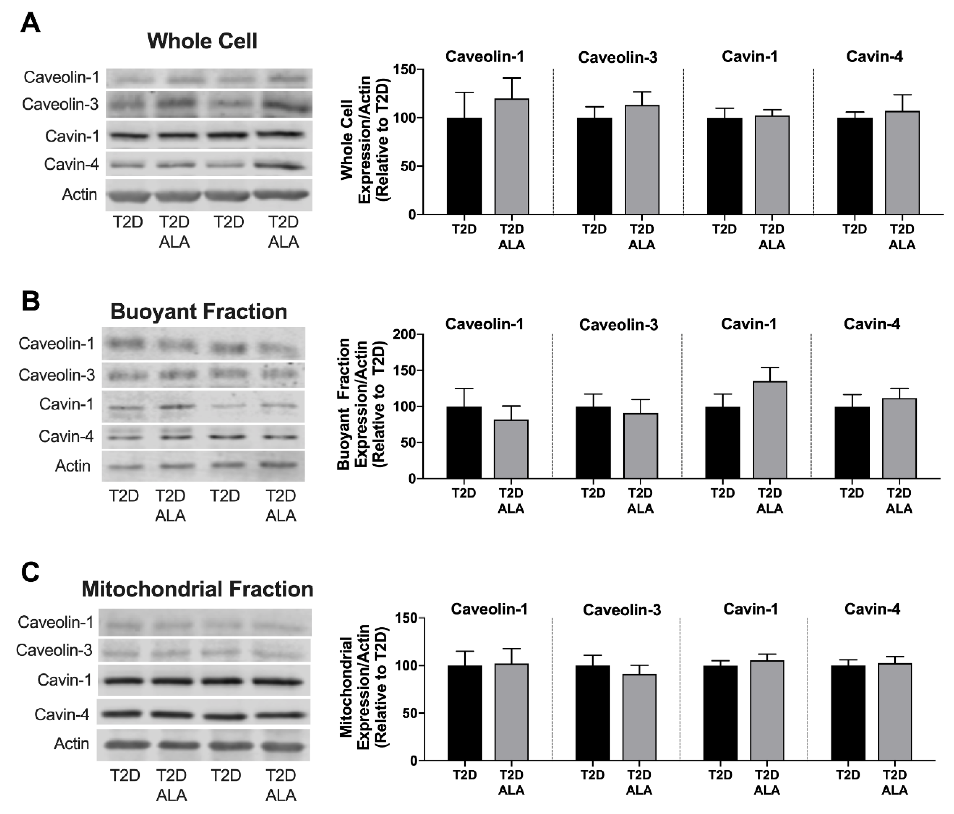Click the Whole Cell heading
coord(202,41)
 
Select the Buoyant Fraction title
coord(199,312)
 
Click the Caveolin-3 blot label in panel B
coord(57,375)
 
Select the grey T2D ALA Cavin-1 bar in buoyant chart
coord(770,430)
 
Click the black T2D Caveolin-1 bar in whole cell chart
coord(464,166)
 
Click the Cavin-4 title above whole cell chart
coord(874,57)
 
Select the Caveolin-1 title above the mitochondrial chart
coord(489,609)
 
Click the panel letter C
coord(30,573)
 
